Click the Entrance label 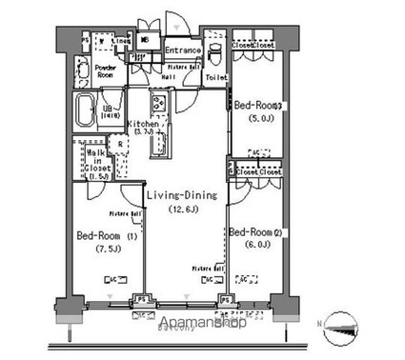(x=181, y=50)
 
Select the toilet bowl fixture (x=215, y=52)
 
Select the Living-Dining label (x=181, y=195)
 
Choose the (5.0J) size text (x=258, y=119)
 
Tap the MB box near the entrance (x=145, y=41)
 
